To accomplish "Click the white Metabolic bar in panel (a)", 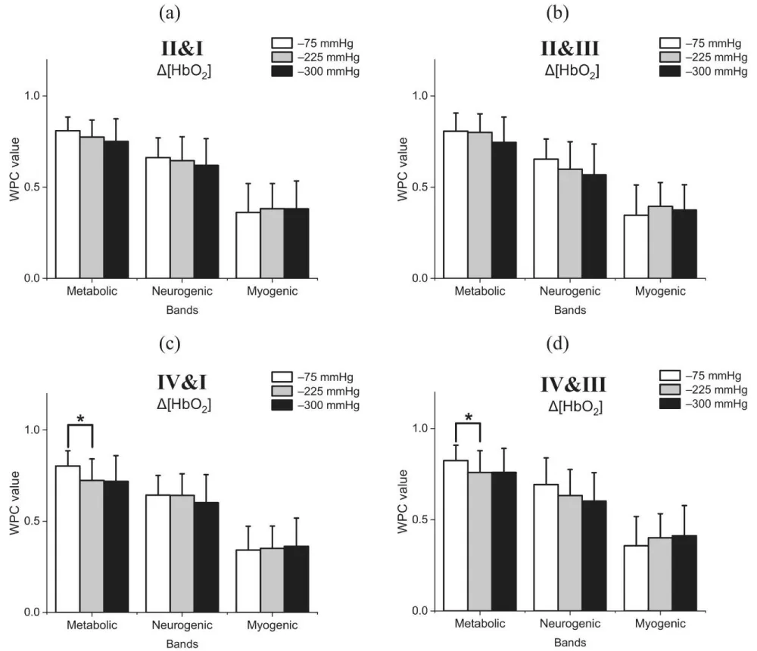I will point(68,204).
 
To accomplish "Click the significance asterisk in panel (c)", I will point(80,418).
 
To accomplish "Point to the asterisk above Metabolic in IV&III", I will point(469,418).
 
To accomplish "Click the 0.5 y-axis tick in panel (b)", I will point(426,188).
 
